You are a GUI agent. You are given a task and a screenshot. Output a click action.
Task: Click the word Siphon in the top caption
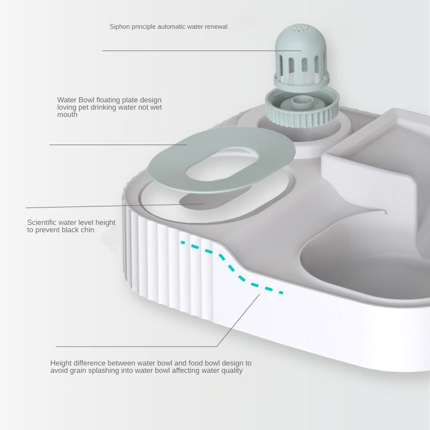119,27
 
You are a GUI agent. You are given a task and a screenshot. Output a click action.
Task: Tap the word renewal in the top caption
216,27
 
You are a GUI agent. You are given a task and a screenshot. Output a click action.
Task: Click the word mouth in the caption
67,115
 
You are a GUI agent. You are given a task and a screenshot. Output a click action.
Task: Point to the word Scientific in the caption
42,222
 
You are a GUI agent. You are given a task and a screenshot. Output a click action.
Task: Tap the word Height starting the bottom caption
61,363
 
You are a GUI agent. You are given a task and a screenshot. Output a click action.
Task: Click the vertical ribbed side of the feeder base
164,267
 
